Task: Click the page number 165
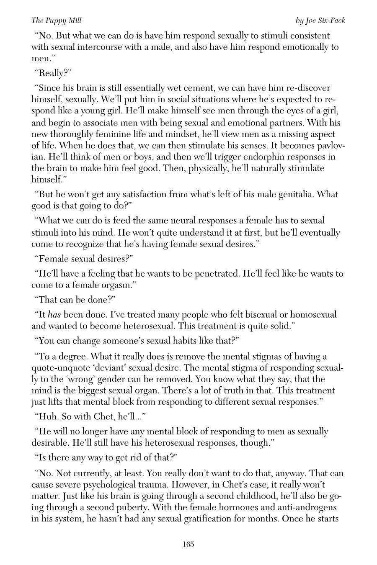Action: [x=188, y=544]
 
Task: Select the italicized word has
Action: [x=54, y=314]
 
